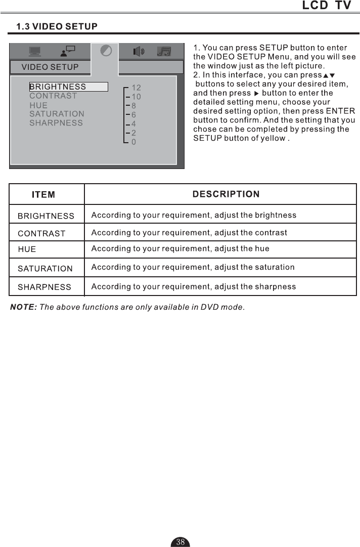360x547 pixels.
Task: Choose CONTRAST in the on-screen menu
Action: coord(53,96)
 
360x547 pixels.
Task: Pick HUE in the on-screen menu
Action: coord(38,105)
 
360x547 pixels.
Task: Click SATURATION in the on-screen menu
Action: coord(57,114)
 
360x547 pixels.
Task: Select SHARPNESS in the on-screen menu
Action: coord(56,123)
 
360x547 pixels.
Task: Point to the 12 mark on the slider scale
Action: coord(136,88)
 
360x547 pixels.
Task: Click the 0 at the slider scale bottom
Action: coord(133,143)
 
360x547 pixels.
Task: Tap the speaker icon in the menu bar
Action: coord(138,52)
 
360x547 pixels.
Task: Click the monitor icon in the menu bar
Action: coord(35,52)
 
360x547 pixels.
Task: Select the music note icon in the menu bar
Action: coord(164,52)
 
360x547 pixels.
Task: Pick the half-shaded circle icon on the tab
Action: coord(106,51)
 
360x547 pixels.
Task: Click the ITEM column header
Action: coord(43,195)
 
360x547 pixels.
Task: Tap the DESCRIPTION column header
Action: coord(226,194)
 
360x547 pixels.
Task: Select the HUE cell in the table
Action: coord(27,249)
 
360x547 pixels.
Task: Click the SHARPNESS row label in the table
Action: coord(44,287)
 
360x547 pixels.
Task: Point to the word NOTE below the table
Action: coord(23,307)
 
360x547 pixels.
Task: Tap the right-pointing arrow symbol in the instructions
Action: coord(256,94)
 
